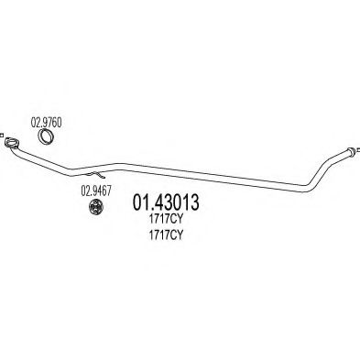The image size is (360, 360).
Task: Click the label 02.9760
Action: [x=47, y=122]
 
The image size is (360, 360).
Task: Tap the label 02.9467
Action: [x=93, y=191]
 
